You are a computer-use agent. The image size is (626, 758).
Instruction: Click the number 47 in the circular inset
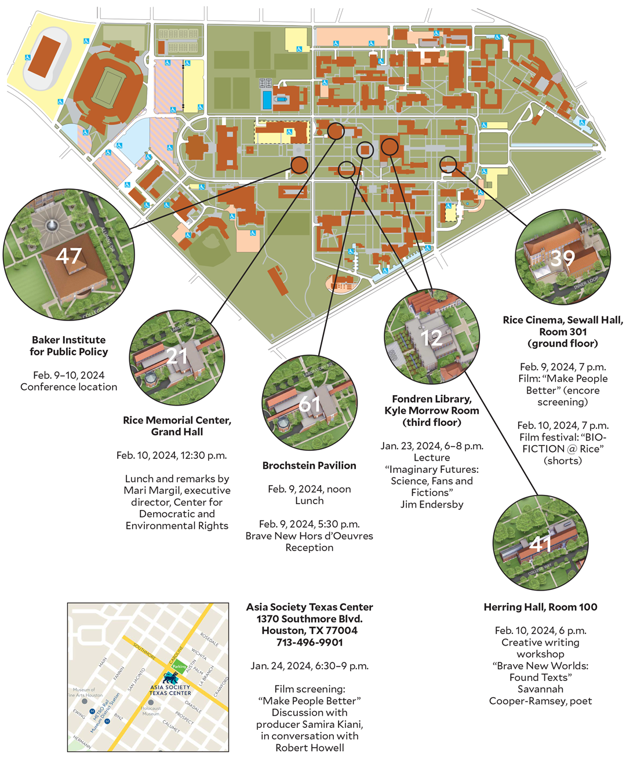pyautogui.click(x=68, y=256)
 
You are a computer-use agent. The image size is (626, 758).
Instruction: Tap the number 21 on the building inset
pyautogui.click(x=177, y=355)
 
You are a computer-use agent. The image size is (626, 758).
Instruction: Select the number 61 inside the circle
pyautogui.click(x=310, y=403)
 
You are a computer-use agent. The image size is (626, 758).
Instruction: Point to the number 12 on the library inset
pyautogui.click(x=432, y=338)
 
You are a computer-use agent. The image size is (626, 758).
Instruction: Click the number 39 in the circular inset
pyautogui.click(x=562, y=258)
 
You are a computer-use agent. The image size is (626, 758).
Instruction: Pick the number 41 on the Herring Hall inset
pyautogui.click(x=540, y=544)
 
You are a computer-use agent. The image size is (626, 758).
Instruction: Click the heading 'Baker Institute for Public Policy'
pyautogui.click(x=69, y=346)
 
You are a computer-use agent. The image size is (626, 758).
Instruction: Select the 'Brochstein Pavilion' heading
pyautogui.click(x=309, y=465)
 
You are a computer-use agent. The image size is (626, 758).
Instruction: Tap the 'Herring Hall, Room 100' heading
pyautogui.click(x=540, y=607)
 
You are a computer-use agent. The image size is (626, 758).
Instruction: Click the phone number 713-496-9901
pyautogui.click(x=310, y=642)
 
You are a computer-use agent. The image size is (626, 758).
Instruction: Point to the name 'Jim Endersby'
pyautogui.click(x=432, y=504)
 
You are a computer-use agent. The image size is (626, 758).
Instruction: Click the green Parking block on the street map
pyautogui.click(x=179, y=666)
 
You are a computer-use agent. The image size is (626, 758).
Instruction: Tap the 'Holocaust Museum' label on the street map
pyautogui.click(x=151, y=710)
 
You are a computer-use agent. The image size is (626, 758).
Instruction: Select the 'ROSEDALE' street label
pyautogui.click(x=209, y=639)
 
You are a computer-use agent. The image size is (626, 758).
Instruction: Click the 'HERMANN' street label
pyautogui.click(x=82, y=742)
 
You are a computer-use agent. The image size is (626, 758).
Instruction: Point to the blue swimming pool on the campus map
pyautogui.click(x=267, y=100)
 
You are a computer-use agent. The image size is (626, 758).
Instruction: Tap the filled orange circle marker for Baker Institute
pyautogui.click(x=299, y=165)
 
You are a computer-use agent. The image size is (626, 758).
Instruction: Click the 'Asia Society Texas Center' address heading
pyautogui.click(x=310, y=607)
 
